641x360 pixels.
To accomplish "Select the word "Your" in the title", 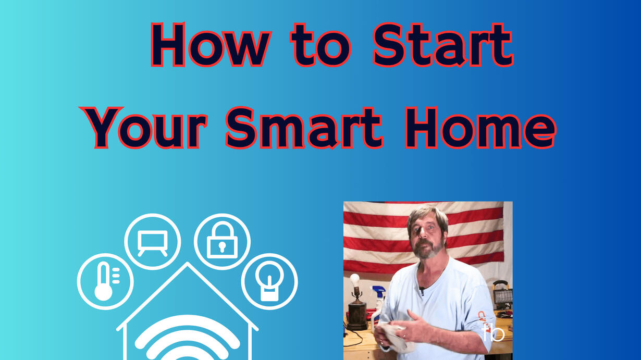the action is tap(143, 128).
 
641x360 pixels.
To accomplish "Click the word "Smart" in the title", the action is tap(304, 128).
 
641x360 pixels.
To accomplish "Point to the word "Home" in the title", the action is tap(480, 128).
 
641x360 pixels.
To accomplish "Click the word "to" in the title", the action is tap(321, 45).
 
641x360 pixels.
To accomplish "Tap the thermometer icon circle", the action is tap(105, 281).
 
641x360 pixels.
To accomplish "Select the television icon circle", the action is tap(153, 242).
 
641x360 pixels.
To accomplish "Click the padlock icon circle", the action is tap(222, 242).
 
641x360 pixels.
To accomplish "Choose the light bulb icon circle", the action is tap(269, 281).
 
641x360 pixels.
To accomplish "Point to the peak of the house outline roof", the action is tap(188, 263).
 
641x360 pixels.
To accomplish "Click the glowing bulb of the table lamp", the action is tap(355, 280).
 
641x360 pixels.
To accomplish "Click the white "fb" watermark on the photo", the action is tap(493, 333).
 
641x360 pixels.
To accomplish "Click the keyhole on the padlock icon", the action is tap(222, 247).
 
